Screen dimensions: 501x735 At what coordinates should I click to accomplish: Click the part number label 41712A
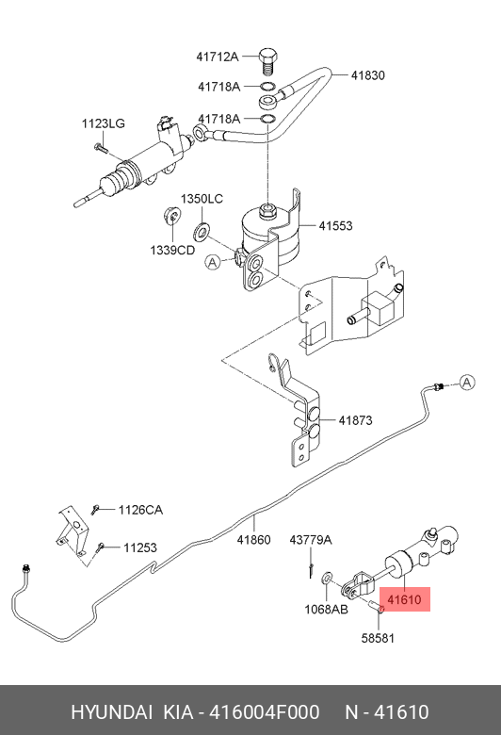[x=217, y=57]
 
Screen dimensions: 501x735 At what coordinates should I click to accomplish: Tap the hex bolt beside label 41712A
[x=267, y=60]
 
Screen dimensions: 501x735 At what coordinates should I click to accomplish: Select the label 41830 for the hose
[x=368, y=75]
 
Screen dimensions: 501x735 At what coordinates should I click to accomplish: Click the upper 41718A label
[x=218, y=87]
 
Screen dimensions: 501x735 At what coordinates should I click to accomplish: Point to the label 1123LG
[x=103, y=123]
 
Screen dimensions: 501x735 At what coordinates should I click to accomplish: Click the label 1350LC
[x=202, y=199]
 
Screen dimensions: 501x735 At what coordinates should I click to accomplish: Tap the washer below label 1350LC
[x=202, y=231]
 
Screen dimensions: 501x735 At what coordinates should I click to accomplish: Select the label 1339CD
[x=172, y=250]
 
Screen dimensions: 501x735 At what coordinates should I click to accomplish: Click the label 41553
[x=335, y=225]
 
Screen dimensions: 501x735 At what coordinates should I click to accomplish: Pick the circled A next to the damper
[x=213, y=262]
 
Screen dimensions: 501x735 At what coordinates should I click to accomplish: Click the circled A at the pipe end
[x=467, y=383]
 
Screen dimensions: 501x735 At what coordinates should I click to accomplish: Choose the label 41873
[x=356, y=420]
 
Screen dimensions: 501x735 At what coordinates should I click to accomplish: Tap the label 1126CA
[x=140, y=510]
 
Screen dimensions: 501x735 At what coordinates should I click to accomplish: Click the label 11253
[x=140, y=547]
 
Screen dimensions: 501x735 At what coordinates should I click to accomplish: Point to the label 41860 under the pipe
[x=253, y=540]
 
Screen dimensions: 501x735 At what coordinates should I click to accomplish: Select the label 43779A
[x=311, y=540]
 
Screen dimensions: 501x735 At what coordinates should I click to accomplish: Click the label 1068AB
[x=326, y=609]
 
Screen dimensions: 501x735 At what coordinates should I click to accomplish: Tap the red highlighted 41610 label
[x=404, y=599]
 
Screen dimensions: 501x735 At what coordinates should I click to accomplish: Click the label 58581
[x=378, y=638]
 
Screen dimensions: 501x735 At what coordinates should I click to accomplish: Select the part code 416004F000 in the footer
[x=265, y=712]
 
